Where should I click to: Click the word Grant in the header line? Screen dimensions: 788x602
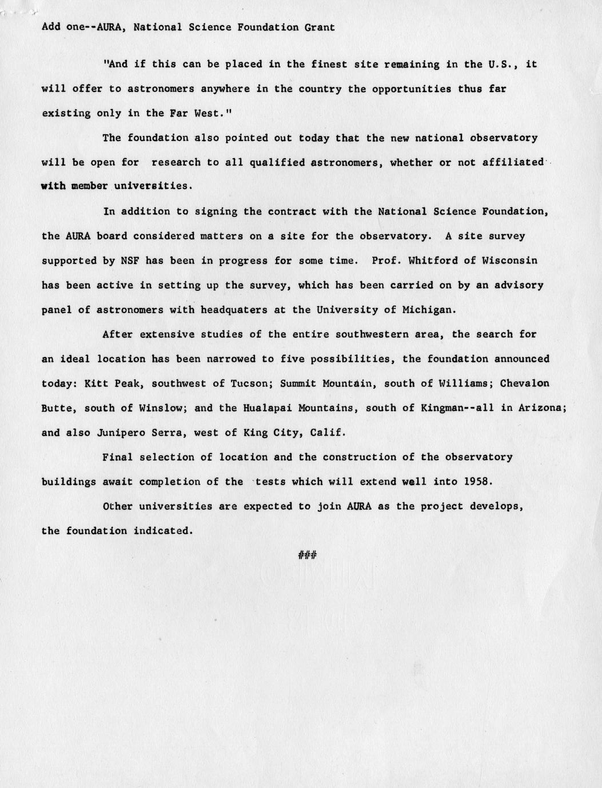point(320,27)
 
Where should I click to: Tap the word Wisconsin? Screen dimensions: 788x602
point(509,261)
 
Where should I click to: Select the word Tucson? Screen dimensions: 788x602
point(249,383)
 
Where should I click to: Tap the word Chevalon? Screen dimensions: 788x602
point(524,383)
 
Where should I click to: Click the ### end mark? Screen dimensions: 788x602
point(307,555)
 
